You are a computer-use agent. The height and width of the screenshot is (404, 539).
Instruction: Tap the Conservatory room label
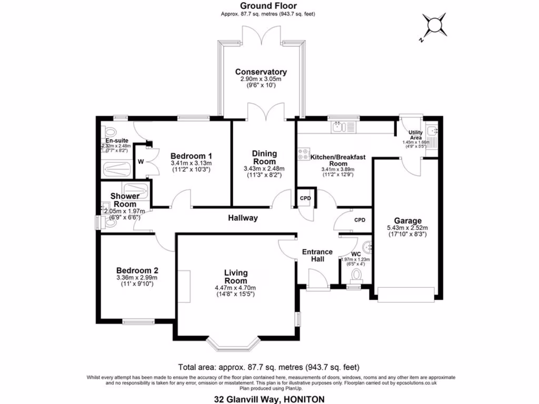[261, 72]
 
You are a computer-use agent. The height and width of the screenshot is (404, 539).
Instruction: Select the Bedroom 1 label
[191, 156]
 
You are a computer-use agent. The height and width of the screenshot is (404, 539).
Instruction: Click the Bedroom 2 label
[137, 270]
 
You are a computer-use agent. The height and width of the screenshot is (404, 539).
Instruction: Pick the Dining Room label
[264, 157]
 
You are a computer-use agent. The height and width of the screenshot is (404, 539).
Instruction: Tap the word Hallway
[243, 218]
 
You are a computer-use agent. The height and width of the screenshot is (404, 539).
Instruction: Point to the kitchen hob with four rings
[304, 154]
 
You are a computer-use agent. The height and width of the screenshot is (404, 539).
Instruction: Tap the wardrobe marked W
[141, 161]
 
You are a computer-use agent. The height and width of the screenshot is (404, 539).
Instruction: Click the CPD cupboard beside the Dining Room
[305, 198]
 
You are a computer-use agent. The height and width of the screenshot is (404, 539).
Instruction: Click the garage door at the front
[405, 295]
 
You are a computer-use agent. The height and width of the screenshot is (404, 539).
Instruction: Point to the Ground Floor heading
[268, 6]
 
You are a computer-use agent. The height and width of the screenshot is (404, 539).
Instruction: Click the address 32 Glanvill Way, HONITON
[268, 399]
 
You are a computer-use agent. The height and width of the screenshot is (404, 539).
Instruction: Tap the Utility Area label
[416, 136]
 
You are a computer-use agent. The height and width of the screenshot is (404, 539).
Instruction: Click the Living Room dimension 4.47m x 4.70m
[235, 288]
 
